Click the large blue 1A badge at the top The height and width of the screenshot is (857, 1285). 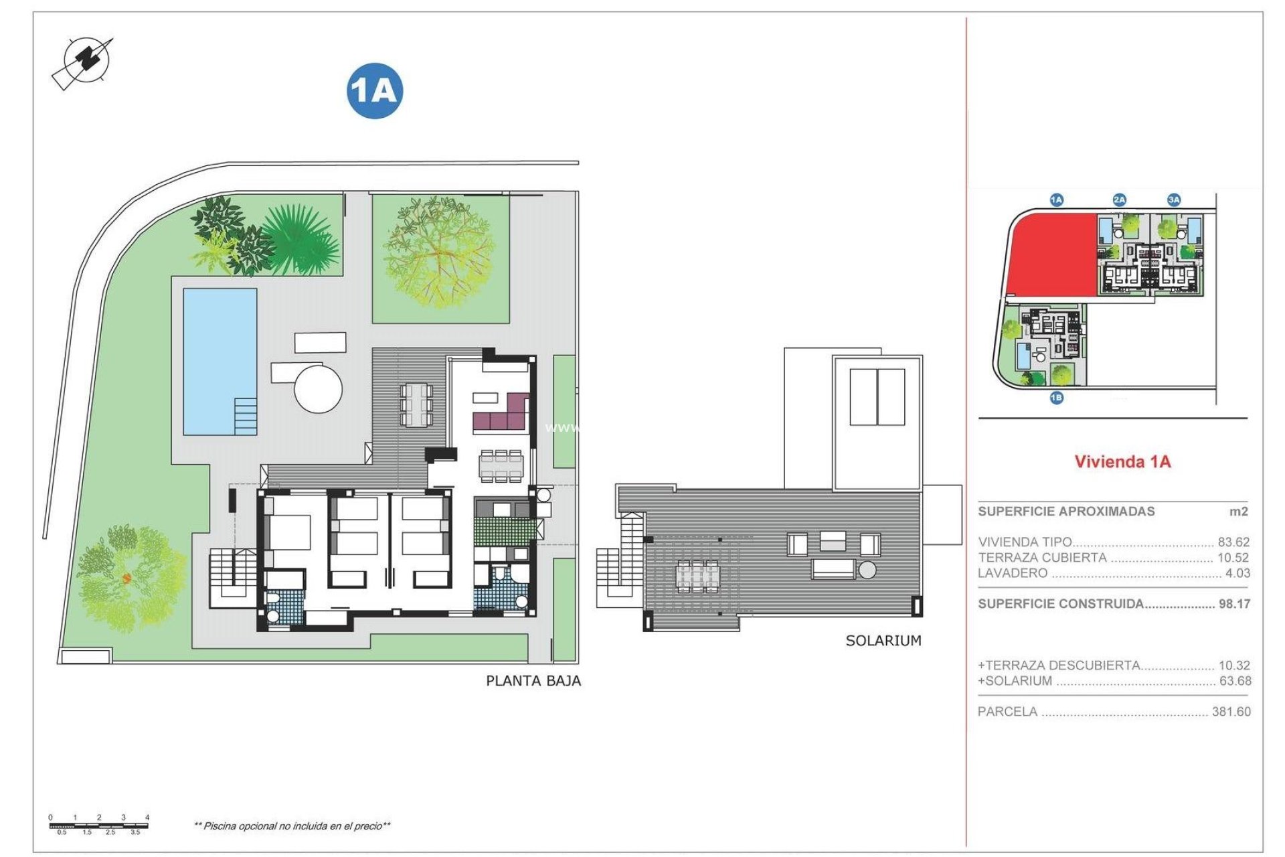pos(374,91)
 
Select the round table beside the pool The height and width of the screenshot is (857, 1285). pos(319,388)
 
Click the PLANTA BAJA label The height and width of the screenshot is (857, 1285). pos(533,681)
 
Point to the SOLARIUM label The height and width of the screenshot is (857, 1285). pos(883,641)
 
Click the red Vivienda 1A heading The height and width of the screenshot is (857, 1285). pos(1122,461)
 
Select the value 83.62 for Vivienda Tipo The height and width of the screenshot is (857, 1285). pos(1233,542)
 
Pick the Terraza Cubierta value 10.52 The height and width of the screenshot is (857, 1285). pos(1233,558)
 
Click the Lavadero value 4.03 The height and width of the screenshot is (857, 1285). pos(1237,573)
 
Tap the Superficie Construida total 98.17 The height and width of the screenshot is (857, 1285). pos(1234,604)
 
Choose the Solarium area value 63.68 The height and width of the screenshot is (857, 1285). pos(1234,681)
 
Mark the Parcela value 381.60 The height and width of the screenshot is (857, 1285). pos(1231,712)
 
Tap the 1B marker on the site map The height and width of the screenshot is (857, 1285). pos(1056,398)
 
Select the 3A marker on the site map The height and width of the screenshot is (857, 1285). pos(1174,200)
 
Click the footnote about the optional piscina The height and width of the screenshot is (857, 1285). pos(292,826)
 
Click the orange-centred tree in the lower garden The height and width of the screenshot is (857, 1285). pos(127,577)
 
